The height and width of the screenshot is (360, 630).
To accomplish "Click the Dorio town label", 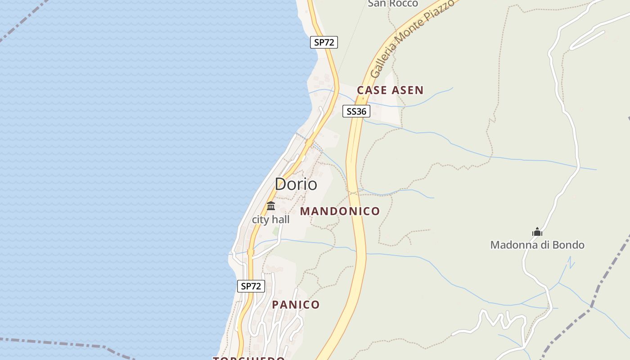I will point(296,184).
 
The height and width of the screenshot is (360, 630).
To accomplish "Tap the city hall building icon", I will point(271,206).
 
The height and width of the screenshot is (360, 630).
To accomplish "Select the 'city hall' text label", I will point(270,220).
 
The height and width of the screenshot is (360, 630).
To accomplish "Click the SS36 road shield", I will point(356,111).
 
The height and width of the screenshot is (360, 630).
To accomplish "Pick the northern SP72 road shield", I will point(324,42).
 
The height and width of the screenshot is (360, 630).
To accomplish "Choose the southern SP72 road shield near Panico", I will point(251,286).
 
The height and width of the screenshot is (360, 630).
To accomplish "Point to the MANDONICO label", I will point(340,211).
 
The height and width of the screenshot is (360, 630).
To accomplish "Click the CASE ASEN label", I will point(390,90).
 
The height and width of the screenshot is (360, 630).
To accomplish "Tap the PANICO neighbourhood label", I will point(296,305).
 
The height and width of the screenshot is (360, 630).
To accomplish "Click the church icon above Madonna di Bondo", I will point(537,232).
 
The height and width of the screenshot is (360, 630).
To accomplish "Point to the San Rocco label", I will point(393,4).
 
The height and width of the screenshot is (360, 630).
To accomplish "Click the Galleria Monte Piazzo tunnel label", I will point(412,40).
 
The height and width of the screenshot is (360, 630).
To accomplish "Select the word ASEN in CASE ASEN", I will point(407,90).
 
